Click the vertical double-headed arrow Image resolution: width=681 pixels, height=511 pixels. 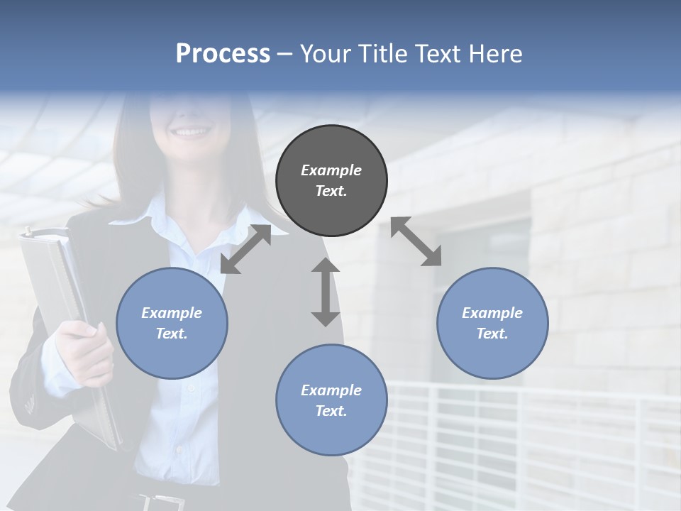click(326, 292)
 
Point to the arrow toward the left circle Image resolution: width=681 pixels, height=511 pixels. click(245, 249)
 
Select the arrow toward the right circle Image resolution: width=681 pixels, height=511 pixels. click(416, 241)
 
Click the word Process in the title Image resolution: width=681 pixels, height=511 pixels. click(223, 53)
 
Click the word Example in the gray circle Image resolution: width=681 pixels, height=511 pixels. click(331, 170)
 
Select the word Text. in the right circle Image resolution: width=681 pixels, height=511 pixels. click(492, 334)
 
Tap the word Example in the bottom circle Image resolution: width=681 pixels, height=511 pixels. click(331, 390)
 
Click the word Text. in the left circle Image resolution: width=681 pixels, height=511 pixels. click(172, 334)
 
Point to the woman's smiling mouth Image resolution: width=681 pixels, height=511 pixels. click(192, 131)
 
